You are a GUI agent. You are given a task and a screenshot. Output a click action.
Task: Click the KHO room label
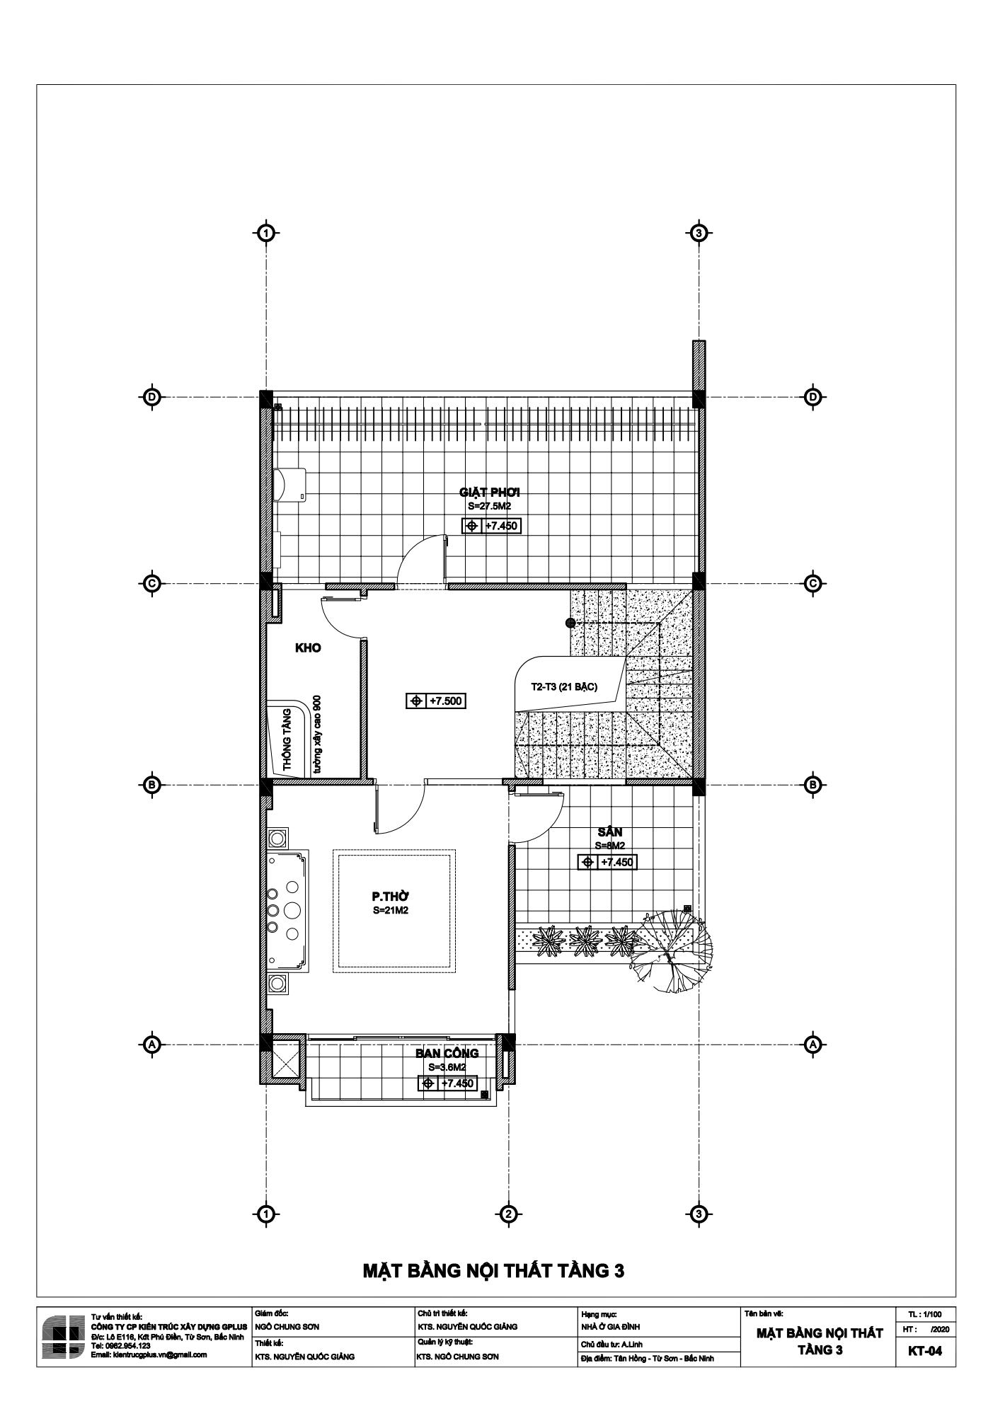[308, 648]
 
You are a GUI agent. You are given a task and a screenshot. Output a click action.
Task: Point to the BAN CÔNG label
[447, 1054]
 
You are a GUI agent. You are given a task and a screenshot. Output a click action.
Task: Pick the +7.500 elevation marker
[436, 701]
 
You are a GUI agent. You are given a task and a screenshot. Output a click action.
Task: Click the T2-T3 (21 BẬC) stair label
[564, 687]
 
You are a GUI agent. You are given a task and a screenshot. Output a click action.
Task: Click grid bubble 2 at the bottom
[507, 1214]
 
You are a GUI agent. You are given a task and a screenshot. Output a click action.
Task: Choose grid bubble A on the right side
[813, 1044]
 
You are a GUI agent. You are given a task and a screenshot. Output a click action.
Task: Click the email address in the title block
[149, 1354]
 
